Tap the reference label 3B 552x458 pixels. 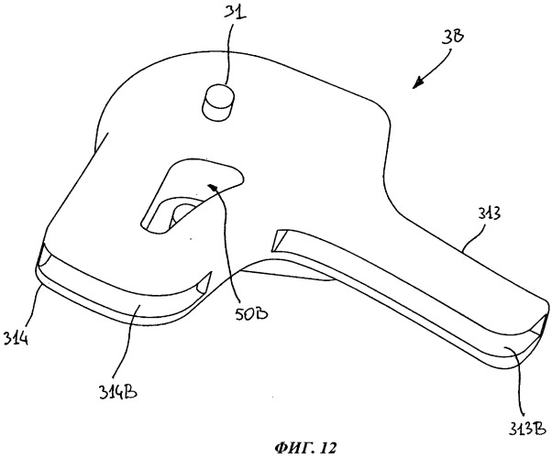[x=452, y=36]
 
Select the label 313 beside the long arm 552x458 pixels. [x=490, y=213]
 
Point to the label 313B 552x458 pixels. [x=527, y=427]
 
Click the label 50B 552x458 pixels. [x=251, y=312]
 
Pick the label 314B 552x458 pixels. [x=118, y=390]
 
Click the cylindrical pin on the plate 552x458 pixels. [x=218, y=102]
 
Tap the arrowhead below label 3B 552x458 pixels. [x=418, y=83]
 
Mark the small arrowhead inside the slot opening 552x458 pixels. [x=212, y=187]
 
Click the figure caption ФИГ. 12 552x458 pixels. [x=304, y=448]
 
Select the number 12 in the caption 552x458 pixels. [x=328, y=448]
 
